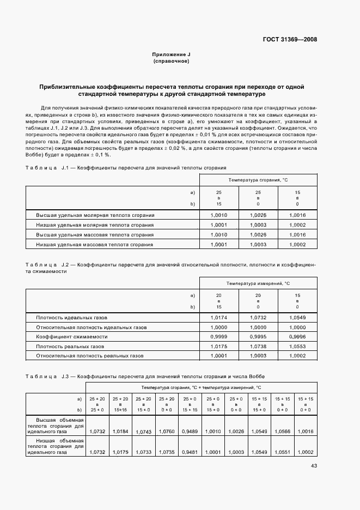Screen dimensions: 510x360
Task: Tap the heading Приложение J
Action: click(171, 55)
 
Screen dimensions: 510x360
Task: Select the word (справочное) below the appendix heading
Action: click(171, 62)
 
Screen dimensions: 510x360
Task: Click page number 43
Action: click(314, 466)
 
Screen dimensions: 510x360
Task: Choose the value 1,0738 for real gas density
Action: click(258, 347)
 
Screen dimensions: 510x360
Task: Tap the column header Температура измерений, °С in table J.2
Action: click(258, 284)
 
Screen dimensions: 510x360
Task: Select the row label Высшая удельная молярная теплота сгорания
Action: click(95, 215)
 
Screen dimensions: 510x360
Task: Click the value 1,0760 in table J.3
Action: click(167, 432)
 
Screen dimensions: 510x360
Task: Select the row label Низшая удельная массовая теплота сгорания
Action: click(94, 245)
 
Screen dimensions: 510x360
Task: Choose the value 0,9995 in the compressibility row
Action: click(258, 337)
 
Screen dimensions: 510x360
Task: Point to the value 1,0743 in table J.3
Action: click(143, 432)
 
